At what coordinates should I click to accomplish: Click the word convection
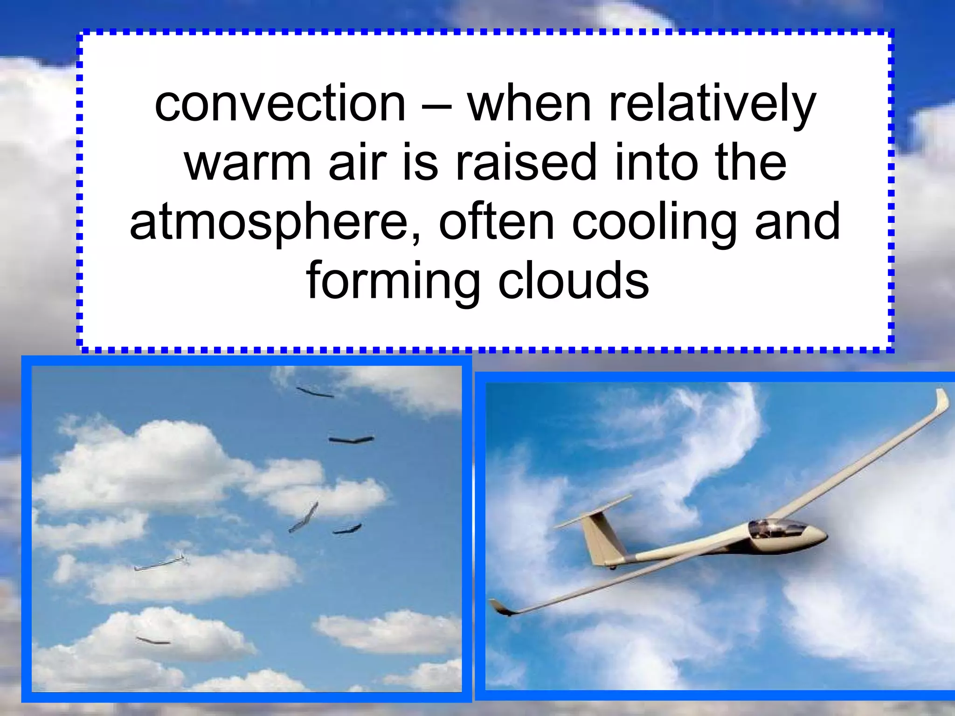coord(280,103)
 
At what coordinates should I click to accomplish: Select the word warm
coord(248,163)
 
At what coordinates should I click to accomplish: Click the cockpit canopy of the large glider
coord(776,529)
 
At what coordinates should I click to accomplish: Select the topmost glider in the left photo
coord(315,392)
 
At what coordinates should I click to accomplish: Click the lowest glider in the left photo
coord(153,641)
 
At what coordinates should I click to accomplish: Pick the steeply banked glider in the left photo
coord(304,517)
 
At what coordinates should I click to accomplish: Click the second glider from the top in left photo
coord(351,439)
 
